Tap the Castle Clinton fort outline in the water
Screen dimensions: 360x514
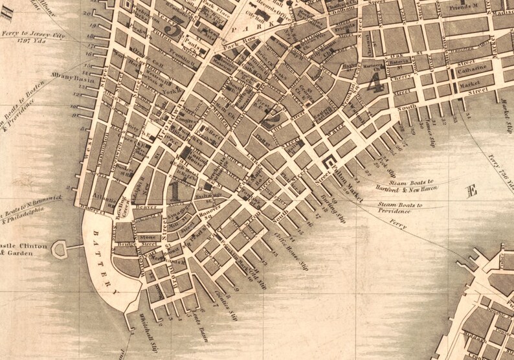pyautogui.click(x=60, y=248)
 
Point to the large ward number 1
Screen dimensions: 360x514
pyautogui.click(x=173, y=191)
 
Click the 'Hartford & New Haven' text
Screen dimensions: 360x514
pyautogui.click(x=406, y=188)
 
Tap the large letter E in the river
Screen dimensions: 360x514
pyautogui.click(x=472, y=190)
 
